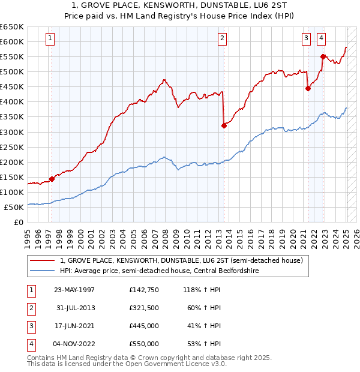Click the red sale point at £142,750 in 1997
pos(52,179)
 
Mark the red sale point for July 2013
pos(224,125)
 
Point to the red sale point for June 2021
pos(308,88)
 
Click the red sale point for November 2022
pos(323,56)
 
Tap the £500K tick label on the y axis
pos(12,71)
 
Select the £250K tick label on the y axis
pos(12,147)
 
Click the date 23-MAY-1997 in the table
pos(74,290)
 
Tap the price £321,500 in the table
pos(144,308)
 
